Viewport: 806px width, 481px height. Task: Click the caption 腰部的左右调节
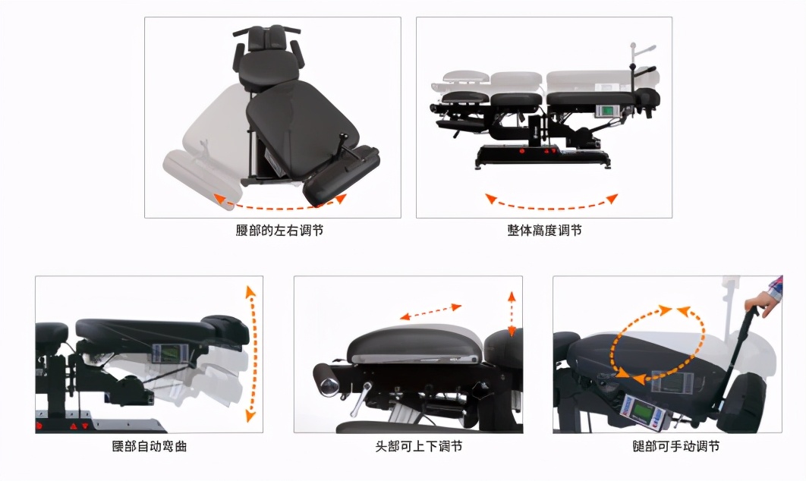coord(279,230)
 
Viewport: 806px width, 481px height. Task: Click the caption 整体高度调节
coord(544,230)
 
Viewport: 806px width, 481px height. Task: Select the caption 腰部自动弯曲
coord(149,446)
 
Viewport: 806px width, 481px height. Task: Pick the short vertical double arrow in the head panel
coord(512,313)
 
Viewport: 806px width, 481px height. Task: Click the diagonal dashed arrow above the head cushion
coord(431,311)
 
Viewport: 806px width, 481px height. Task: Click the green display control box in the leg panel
coord(641,413)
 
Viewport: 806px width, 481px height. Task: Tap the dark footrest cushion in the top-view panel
coord(342,174)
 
